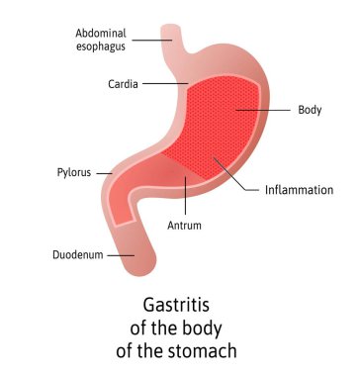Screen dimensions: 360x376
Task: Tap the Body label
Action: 310,109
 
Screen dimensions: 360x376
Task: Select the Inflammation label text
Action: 300,189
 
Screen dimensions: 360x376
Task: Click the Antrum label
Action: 185,226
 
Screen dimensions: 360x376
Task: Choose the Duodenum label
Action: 77,255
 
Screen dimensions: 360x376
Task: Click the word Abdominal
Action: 100,32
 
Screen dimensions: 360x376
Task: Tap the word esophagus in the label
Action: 100,46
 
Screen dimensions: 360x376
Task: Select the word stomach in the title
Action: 211,349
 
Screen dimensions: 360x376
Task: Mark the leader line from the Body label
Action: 267,109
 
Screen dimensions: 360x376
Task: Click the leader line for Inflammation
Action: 238,176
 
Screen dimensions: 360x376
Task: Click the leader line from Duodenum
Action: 120,255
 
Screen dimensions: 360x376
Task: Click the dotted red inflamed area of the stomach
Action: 223,124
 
